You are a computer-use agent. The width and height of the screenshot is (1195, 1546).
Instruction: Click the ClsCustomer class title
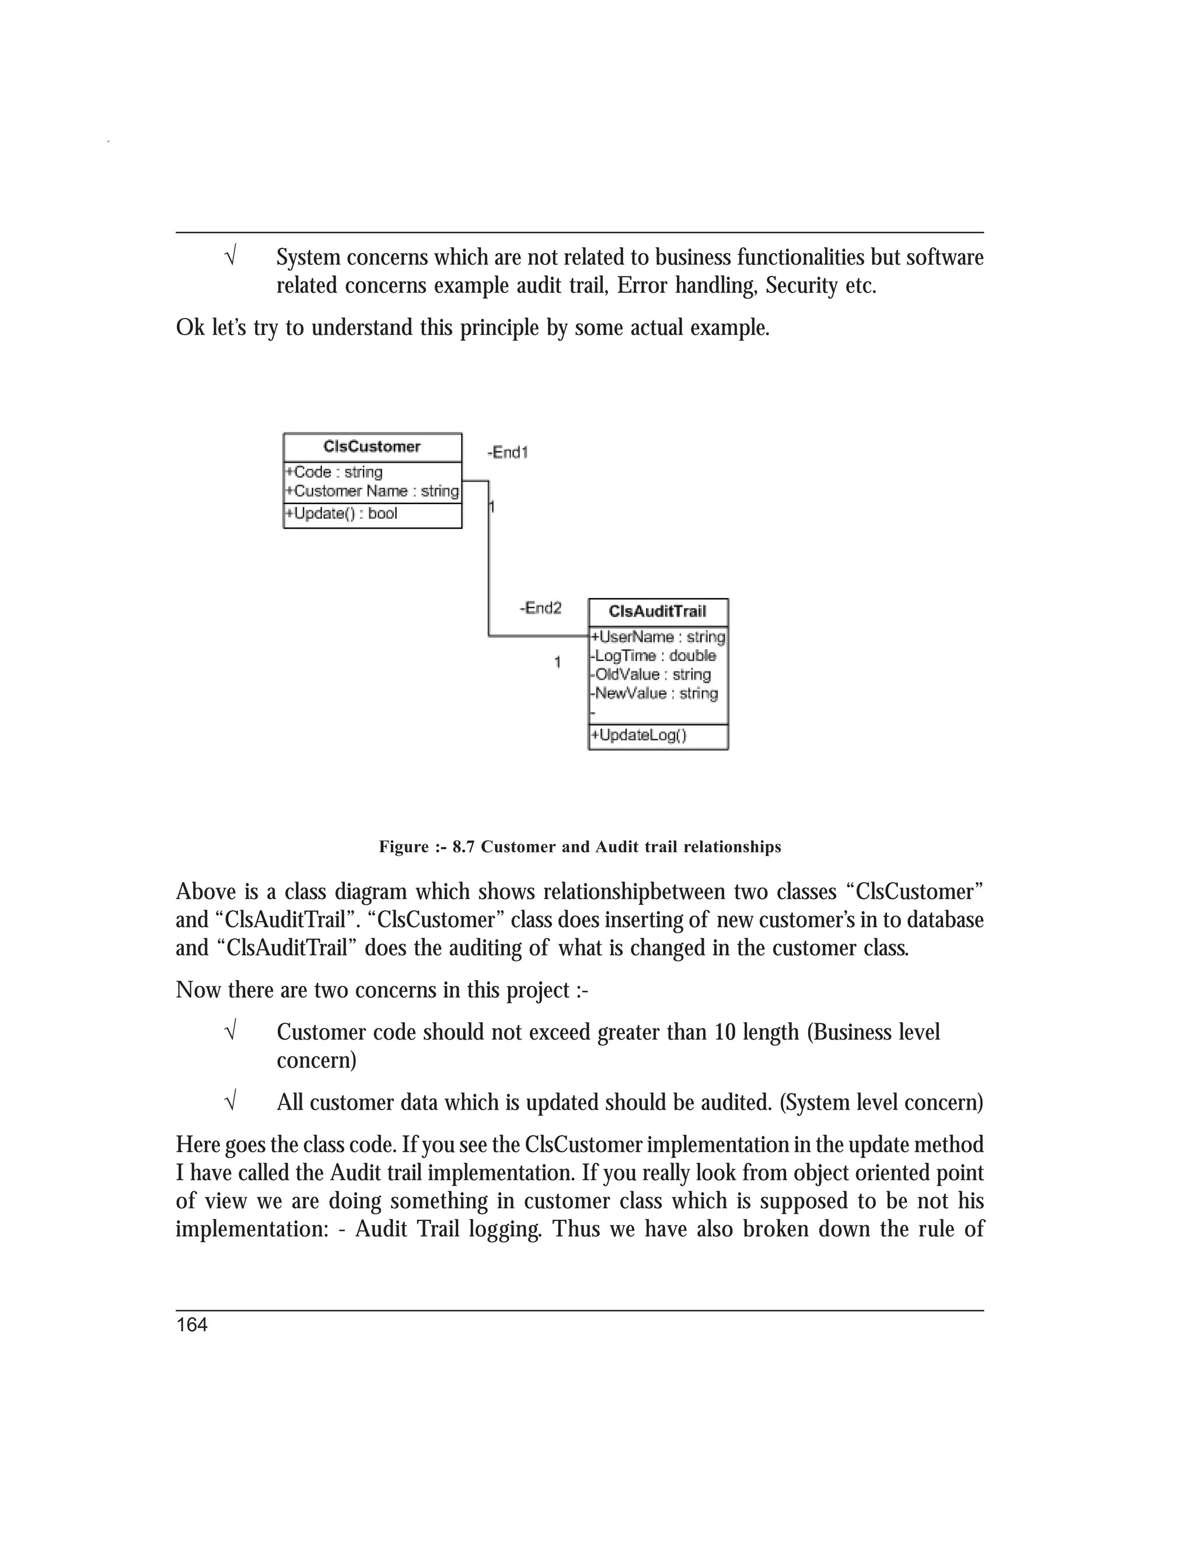click(372, 447)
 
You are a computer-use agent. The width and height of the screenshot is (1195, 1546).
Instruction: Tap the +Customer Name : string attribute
click(372, 491)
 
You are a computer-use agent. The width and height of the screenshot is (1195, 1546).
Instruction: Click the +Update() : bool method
click(341, 514)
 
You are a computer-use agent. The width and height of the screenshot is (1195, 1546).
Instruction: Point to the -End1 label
click(508, 452)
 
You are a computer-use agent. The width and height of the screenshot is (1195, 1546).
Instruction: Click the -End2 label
click(540, 608)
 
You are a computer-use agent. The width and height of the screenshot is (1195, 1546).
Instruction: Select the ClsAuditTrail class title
click(658, 611)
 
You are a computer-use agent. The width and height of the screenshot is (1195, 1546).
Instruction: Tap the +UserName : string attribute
click(658, 637)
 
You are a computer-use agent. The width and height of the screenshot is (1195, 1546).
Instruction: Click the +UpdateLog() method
click(638, 736)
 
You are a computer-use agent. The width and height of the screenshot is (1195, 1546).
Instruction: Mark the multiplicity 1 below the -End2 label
click(557, 663)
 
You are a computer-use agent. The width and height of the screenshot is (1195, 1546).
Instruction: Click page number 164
click(192, 1325)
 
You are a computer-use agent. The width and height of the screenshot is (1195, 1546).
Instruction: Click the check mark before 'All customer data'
click(229, 1101)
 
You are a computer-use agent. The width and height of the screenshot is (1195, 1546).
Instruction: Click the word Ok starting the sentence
click(190, 328)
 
